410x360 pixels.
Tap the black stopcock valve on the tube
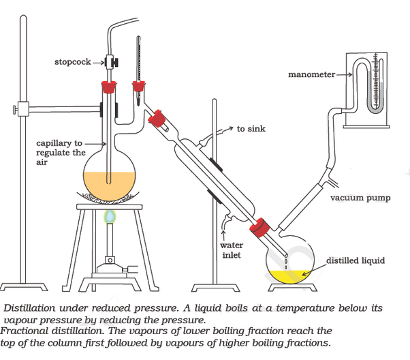point(114,63)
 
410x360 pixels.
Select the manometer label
point(311,74)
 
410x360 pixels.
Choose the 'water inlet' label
point(232,250)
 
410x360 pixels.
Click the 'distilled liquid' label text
point(355,260)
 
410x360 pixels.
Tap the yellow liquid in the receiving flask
point(285,276)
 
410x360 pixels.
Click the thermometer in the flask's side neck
point(139,58)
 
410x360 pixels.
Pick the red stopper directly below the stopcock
point(107,87)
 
